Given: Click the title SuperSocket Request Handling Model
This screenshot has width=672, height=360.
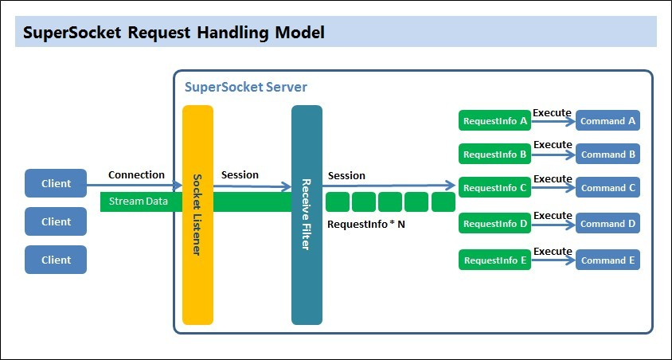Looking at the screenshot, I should click(173, 33).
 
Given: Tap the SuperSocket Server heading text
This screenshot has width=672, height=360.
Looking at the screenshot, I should click(246, 86).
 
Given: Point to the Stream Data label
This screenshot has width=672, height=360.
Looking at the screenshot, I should click(139, 202).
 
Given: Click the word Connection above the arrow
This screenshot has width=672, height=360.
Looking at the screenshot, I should click(136, 175).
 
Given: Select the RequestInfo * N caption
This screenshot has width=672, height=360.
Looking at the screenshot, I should click(366, 225).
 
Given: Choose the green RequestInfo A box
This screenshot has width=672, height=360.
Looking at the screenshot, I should click(495, 121).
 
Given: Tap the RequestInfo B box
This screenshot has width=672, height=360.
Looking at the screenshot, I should click(495, 155).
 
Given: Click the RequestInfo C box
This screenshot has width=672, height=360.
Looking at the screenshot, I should click(495, 188).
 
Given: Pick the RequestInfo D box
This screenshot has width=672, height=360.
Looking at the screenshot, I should click(495, 224).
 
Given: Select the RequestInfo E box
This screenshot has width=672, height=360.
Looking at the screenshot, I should click(495, 260).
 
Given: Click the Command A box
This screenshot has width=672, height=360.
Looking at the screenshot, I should click(608, 121).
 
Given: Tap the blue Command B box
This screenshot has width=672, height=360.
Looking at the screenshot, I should click(608, 155).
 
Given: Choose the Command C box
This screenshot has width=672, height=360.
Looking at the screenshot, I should click(608, 188).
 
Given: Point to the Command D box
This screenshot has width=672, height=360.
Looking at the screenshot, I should click(608, 224).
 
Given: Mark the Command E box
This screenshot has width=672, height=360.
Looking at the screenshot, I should click(608, 260).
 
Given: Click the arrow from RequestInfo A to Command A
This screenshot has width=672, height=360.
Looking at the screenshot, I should click(553, 121).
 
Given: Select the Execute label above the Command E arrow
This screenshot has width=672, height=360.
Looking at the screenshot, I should click(553, 251).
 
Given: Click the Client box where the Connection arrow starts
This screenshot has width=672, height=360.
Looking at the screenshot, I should click(56, 183).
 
